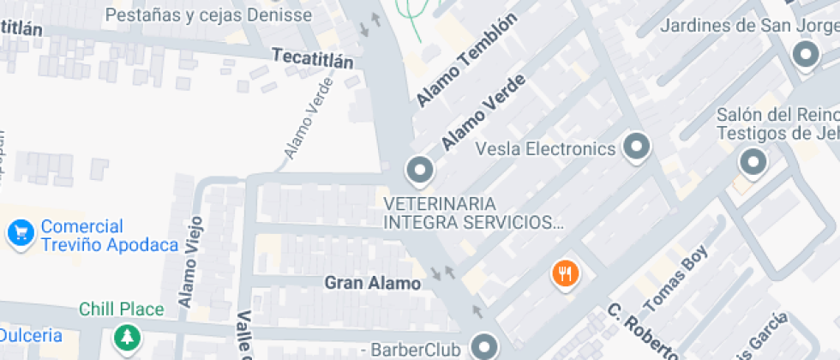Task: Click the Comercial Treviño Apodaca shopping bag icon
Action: click(21, 231)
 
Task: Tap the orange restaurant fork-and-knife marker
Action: click(565, 274)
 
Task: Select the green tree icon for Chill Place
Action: click(127, 337)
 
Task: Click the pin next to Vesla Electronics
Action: click(636, 147)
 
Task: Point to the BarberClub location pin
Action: click(486, 347)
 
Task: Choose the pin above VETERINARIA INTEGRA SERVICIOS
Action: click(419, 171)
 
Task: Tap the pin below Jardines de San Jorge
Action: click(805, 57)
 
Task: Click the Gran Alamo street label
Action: click(372, 283)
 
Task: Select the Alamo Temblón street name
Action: click(467, 61)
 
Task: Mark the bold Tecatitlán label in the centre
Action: click(312, 58)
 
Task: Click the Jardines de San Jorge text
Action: click(749, 25)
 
